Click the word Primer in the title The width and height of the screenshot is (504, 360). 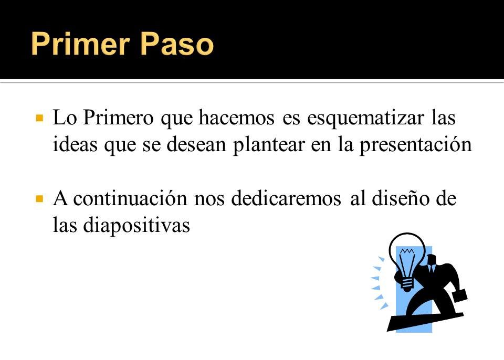(80, 44)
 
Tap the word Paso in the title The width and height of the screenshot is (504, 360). (177, 44)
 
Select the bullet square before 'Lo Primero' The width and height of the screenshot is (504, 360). (39, 118)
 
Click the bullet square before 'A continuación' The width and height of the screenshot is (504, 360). (39, 199)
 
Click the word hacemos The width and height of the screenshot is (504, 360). (237, 118)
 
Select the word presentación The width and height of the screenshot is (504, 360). (416, 145)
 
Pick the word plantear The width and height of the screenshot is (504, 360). (268, 145)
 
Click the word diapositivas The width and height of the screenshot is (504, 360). (136, 225)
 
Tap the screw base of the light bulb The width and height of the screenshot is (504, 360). (407, 284)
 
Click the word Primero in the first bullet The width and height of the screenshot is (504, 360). (118, 118)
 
